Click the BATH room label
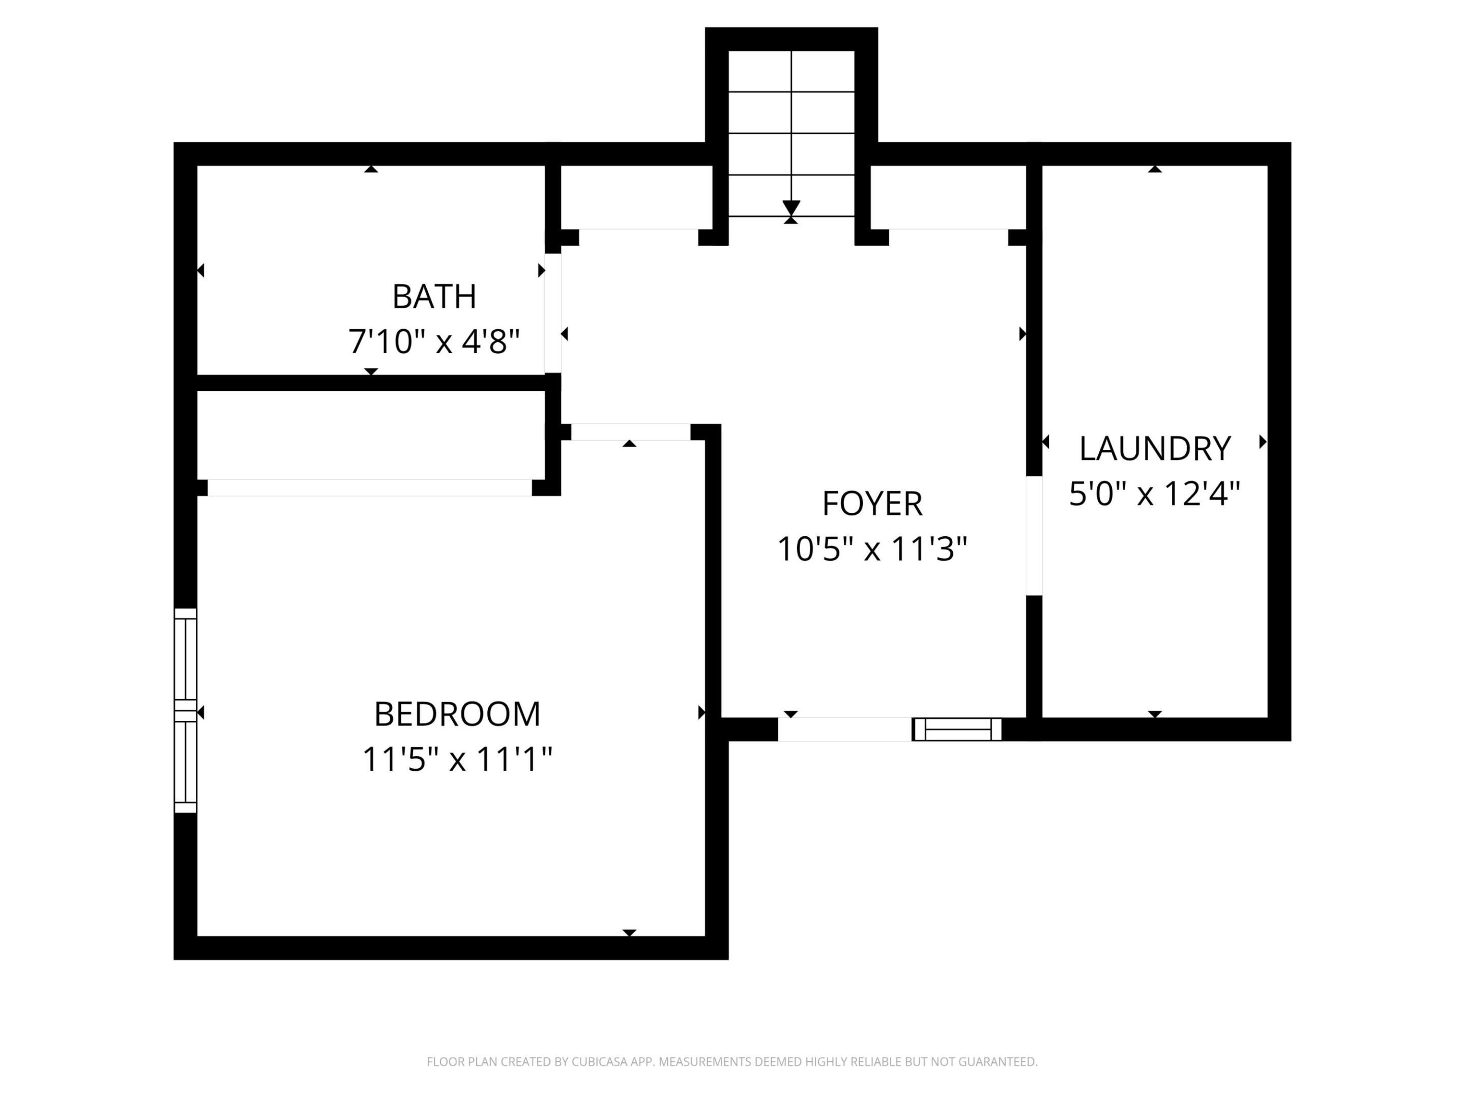click(x=434, y=296)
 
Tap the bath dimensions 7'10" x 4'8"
click(x=434, y=342)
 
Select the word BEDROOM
click(x=457, y=714)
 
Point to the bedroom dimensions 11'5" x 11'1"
click(x=457, y=759)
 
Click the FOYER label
click(x=871, y=504)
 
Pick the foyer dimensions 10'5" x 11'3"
click(x=871, y=549)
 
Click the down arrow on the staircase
click(x=791, y=208)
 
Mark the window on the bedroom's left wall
click(x=186, y=710)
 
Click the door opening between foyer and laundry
click(x=1034, y=535)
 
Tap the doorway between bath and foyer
click(x=553, y=313)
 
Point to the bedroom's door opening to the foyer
click(x=630, y=432)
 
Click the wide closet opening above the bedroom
click(x=370, y=487)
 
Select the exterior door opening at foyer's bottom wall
click(x=844, y=729)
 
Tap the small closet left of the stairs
click(x=636, y=197)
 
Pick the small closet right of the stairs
click(x=947, y=197)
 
